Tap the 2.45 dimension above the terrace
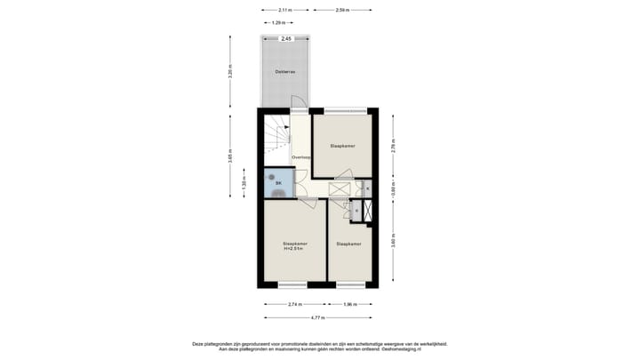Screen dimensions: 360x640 click(286, 39)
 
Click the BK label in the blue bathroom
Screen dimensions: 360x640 click(278, 183)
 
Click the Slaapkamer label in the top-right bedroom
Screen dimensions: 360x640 click(343, 145)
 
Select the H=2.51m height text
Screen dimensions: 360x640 click(293, 249)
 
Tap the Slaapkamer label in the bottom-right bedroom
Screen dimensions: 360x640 click(348, 244)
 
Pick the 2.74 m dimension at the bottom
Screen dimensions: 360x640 click(296, 304)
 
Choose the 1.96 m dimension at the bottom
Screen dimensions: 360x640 click(351, 304)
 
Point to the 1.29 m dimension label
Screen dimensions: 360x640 click(278, 22)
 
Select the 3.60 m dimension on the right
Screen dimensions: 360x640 click(393, 243)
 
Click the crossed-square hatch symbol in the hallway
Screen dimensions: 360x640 click(340, 188)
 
